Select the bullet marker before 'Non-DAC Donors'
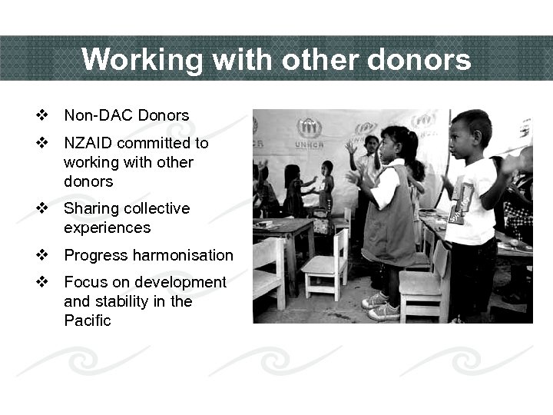point(43,116)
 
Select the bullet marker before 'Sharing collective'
point(43,208)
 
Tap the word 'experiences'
point(107,228)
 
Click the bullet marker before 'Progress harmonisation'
point(43,255)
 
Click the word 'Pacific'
point(88,320)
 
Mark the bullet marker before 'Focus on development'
point(43,282)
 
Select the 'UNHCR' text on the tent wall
point(309,144)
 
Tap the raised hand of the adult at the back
point(351,146)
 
